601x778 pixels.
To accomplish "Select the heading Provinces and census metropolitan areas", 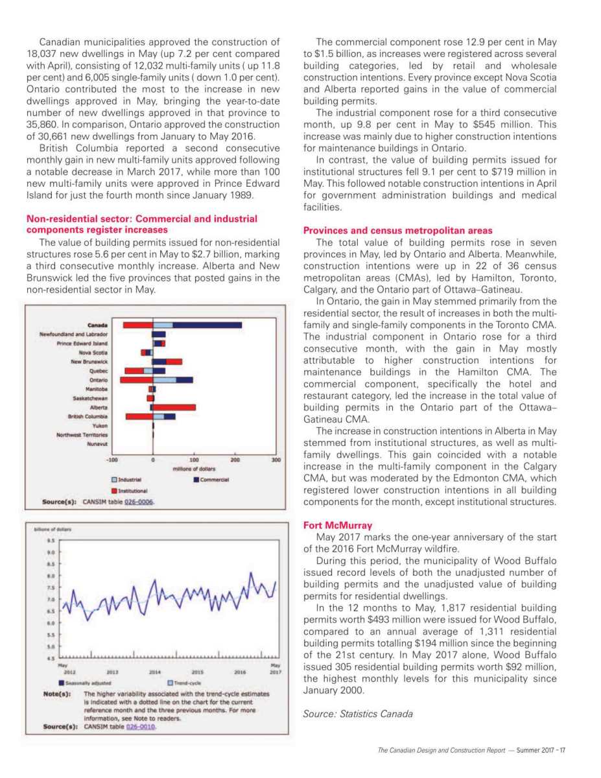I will coord(397,230).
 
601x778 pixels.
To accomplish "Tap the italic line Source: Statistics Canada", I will coord(357,714).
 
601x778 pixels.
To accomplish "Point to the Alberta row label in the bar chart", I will coord(99,407).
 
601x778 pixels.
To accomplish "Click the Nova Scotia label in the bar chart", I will coord(93,352).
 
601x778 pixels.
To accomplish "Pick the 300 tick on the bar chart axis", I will coord(276,459).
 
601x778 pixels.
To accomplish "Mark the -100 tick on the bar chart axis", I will coord(111,459).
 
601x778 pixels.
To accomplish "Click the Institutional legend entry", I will coord(132,491).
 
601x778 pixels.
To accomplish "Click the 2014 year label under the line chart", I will coord(155,673).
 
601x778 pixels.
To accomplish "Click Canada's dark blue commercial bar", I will coord(207,325).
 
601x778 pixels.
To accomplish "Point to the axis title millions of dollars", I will coord(193,468).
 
